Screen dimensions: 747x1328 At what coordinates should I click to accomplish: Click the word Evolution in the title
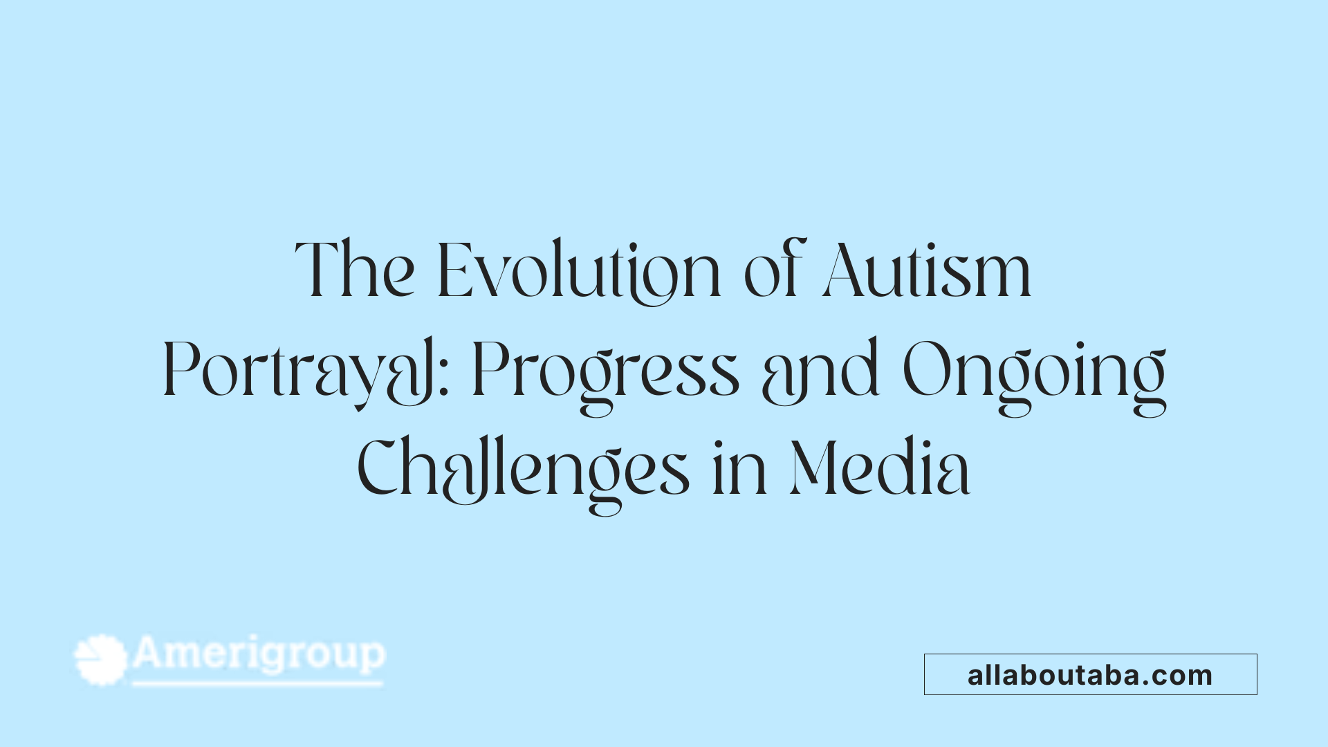[580, 271]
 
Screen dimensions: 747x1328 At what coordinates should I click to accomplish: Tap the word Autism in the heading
[927, 271]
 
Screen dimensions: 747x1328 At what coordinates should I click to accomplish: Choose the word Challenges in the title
[523, 470]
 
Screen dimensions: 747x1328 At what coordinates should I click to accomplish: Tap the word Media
[880, 470]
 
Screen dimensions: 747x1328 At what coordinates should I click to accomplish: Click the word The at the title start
[355, 271]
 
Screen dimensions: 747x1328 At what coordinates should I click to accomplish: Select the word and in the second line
[820, 373]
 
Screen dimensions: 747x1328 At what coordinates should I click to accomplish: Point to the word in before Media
[739, 470]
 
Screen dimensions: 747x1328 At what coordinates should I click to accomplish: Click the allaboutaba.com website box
[1090, 674]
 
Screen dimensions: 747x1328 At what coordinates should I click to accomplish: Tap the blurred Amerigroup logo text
[259, 654]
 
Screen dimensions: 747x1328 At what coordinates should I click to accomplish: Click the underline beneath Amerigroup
[257, 684]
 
